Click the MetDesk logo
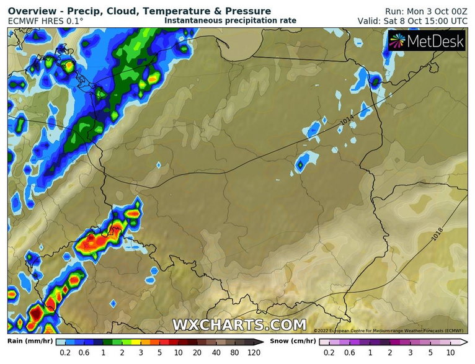pos(425,41)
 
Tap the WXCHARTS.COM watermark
pos(239,324)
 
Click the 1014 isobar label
pos(348,124)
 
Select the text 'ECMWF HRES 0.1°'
pos(46,20)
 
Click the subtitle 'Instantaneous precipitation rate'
pos(231,20)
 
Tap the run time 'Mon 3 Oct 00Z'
pos(438,11)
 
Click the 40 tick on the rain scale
pos(216,352)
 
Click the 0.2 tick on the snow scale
pos(329,352)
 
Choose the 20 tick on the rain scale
pos(198,352)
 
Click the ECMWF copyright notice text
pos(390,331)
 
